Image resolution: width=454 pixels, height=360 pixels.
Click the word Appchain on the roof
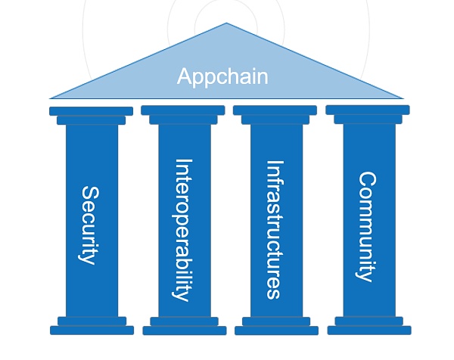click(x=222, y=76)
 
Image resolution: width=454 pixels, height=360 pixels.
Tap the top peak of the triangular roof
click(x=226, y=24)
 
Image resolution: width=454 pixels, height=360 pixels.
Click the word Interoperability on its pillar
click(x=182, y=229)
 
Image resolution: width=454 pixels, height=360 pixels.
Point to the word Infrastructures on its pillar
click(x=275, y=229)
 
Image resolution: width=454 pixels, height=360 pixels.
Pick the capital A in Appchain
click(x=184, y=76)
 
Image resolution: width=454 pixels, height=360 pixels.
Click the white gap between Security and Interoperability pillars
click(x=138, y=219)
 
